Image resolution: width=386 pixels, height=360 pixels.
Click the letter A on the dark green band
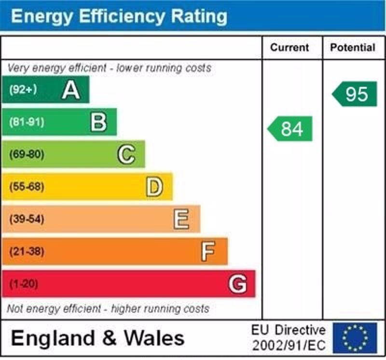click(70, 90)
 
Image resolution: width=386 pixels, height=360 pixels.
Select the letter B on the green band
click(98, 122)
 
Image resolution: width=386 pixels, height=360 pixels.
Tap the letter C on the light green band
click(126, 154)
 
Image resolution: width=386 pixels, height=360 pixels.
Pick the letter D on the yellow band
click(154, 187)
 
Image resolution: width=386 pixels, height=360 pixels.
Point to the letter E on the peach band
click(181, 220)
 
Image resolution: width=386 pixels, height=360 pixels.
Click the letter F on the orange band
click(208, 251)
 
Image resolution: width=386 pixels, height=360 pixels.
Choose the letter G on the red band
click(237, 284)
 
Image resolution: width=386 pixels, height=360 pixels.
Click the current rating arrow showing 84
click(290, 129)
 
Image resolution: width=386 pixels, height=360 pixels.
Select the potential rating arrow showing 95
click(355, 94)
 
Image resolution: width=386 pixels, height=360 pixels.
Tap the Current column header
click(289, 48)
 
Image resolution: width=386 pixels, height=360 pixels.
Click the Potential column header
click(353, 48)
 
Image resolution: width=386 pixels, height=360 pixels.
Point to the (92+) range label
click(23, 90)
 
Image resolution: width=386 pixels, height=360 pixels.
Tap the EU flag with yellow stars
click(355, 338)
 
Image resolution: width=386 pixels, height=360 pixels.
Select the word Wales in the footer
click(154, 338)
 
